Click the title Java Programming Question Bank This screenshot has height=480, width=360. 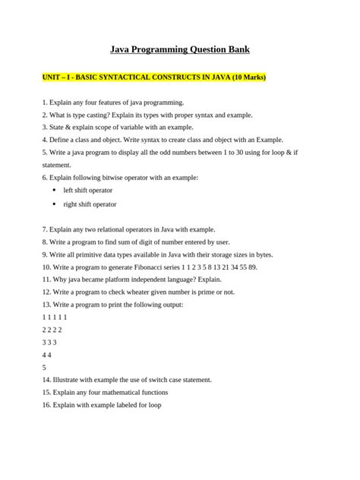point(180,49)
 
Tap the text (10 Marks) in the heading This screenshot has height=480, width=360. point(245,77)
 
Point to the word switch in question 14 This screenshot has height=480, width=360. point(154,379)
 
